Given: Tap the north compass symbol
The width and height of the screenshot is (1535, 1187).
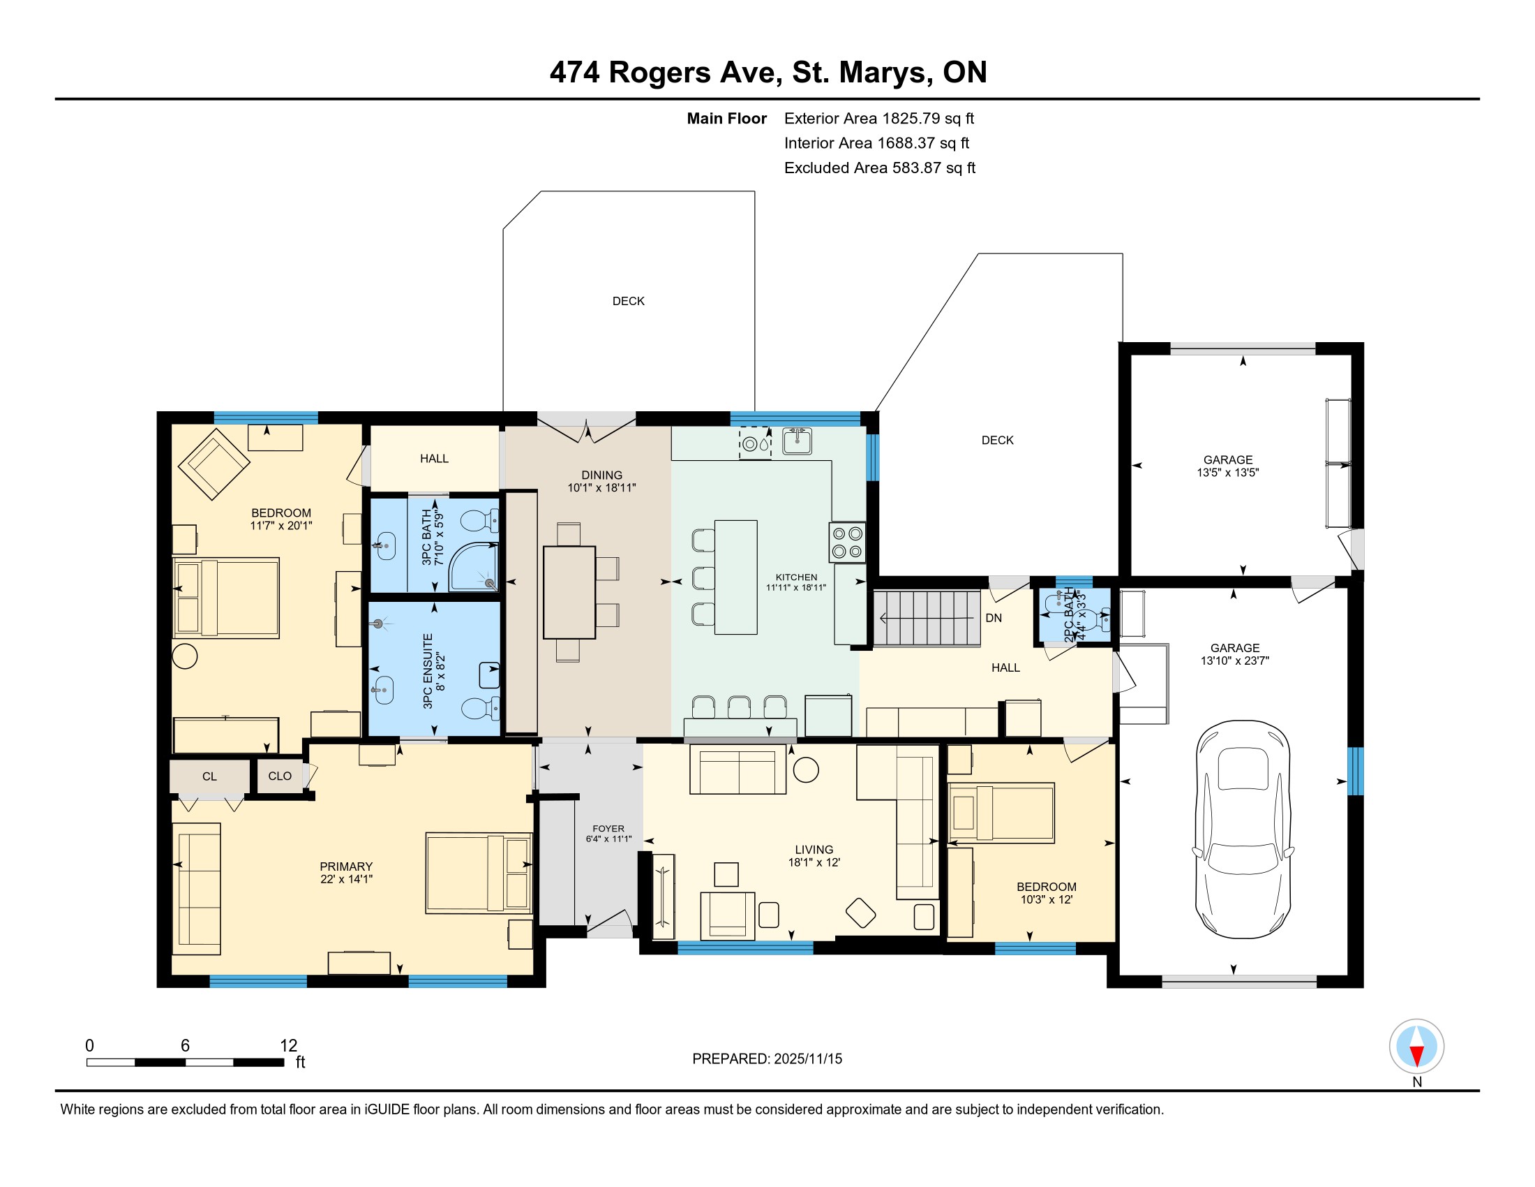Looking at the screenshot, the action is tap(1416, 1047).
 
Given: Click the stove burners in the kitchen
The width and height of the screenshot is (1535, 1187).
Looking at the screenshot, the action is tap(847, 542).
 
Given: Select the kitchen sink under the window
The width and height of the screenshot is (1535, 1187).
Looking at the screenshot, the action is tap(797, 441).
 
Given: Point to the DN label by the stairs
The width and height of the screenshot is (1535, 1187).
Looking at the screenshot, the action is tap(994, 618).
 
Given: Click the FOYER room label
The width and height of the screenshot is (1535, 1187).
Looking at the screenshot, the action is tap(608, 828).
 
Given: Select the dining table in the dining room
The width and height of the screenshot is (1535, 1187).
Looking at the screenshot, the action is tap(569, 592).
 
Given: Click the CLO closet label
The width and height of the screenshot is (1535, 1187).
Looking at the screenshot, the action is tap(280, 776).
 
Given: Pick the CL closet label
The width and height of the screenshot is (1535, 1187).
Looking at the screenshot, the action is tap(209, 776).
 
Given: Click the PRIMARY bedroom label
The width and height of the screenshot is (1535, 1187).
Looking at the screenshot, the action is tap(346, 867).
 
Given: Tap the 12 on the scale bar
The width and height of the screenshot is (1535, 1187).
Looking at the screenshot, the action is tap(289, 1045).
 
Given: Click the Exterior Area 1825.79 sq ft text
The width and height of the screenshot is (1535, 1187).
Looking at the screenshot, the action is tap(879, 118).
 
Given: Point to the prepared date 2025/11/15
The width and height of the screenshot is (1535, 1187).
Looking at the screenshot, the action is tap(807, 1059).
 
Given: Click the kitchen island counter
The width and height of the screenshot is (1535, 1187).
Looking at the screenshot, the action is tap(736, 577).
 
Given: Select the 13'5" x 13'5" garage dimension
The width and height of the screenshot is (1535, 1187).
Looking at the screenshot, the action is tap(1228, 473).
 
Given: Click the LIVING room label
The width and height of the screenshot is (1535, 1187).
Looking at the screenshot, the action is tap(814, 850).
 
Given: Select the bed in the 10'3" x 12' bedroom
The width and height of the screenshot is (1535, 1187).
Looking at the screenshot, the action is tap(1001, 813).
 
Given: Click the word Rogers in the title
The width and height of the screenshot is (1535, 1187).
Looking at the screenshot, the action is tap(660, 73).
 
